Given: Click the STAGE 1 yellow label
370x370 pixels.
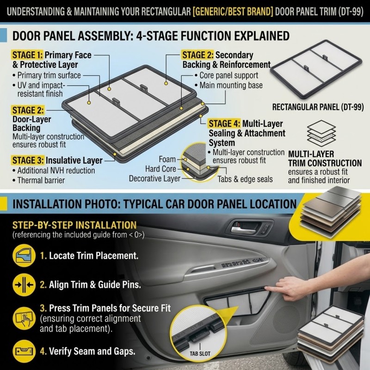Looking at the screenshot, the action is pyautogui.click(x=27, y=55).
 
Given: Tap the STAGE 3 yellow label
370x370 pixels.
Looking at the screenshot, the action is pyautogui.click(x=28, y=160).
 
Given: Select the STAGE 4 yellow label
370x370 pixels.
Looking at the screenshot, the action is pyautogui.click(x=224, y=123).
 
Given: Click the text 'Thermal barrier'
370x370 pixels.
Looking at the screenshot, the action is pyautogui.click(x=41, y=180).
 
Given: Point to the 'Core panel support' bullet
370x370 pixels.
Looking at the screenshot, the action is pyautogui.click(x=228, y=75).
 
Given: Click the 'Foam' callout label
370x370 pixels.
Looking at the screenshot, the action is pyautogui.click(x=167, y=159).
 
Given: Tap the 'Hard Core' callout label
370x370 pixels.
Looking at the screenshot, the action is pyautogui.click(x=160, y=169).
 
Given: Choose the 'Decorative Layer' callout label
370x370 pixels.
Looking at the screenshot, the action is pyautogui.click(x=154, y=179).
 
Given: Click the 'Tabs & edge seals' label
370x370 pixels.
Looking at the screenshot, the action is pyautogui.click(x=245, y=179).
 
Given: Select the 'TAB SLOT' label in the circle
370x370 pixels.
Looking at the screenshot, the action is pyautogui.click(x=200, y=353).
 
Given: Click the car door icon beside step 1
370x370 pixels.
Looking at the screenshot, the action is pyautogui.click(x=24, y=256).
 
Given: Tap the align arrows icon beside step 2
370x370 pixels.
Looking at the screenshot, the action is pyautogui.click(x=24, y=284).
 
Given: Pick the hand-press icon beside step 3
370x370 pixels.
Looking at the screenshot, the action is pyautogui.click(x=24, y=318).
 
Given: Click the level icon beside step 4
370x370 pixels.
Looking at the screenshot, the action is pyautogui.click(x=24, y=351).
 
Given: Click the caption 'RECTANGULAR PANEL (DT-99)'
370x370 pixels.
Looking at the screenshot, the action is pyautogui.click(x=318, y=107).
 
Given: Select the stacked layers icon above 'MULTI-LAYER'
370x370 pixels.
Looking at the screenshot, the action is pyautogui.click(x=321, y=133).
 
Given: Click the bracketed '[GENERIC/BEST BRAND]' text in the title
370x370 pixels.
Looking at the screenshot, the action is pyautogui.click(x=233, y=11).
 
